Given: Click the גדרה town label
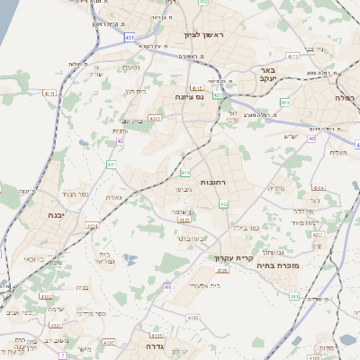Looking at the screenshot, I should pos(145,345).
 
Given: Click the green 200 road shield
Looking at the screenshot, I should pos(285,103).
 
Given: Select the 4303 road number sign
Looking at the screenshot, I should pos(155,117).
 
